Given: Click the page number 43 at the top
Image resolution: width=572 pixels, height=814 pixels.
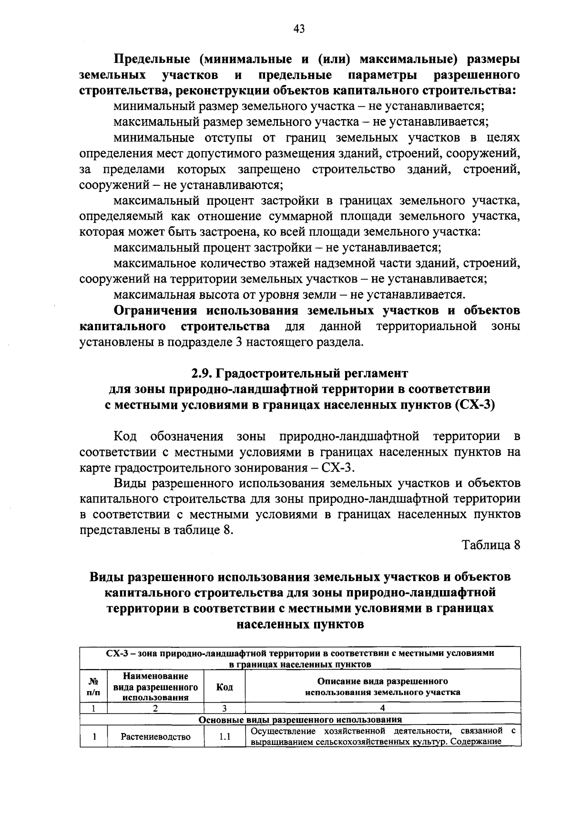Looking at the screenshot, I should coord(299,29).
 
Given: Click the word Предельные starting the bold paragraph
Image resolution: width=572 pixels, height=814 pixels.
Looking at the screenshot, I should coord(152,60).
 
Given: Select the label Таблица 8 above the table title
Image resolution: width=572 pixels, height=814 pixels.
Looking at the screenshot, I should coord(490,545).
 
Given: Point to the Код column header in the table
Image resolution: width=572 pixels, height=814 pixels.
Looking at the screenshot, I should coord(225,687).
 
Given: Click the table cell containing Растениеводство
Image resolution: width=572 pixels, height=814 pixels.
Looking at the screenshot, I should coord(155,737).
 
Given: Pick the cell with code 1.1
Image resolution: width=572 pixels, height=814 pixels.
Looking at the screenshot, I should coord(225,737).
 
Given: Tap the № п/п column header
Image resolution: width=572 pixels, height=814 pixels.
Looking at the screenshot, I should coord(94,687).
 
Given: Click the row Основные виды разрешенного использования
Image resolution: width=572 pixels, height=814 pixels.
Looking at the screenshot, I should coord(300,720).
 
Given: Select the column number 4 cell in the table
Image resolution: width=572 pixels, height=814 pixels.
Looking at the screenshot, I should coord(382,708).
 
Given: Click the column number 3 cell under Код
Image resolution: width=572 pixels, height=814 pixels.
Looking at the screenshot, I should coord(225,708).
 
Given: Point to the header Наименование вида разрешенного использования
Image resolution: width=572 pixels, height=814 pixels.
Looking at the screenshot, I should coord(155,687).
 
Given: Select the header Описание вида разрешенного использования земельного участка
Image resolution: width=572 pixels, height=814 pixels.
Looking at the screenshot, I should coord(382,687).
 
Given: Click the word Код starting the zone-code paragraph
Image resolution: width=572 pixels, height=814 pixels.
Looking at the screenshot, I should coord(125,436).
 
